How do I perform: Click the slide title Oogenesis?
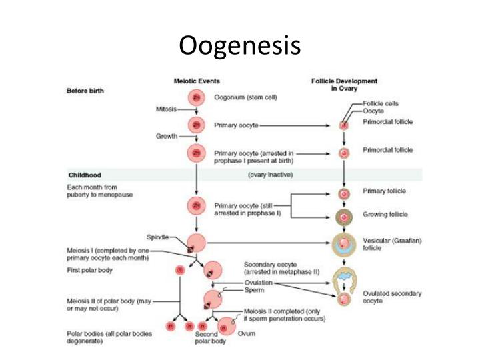coord(240,45)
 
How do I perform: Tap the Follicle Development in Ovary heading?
coord(344,85)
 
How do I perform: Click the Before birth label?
coord(85,91)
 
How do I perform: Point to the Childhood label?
coord(85,175)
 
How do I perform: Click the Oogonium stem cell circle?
coord(196,97)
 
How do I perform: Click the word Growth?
coord(167,136)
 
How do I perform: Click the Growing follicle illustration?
coord(344,215)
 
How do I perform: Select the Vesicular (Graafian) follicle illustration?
coord(344,244)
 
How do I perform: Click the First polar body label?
coord(90,270)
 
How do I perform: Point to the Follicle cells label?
coord(381,104)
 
